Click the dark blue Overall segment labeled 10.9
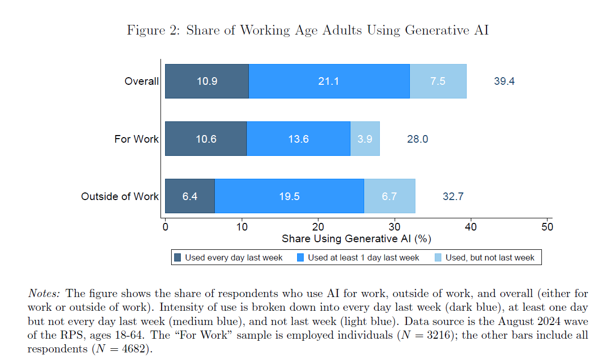coord(207,81)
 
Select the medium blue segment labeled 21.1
coord(329,81)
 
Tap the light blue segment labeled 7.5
coord(438,81)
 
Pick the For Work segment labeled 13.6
coord(298,139)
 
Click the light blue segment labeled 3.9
coord(365,139)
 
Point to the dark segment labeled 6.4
coord(189,196)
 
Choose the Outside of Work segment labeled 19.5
coord(289,196)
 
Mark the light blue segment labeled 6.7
coord(389,196)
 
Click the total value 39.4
coord(504,81)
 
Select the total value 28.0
coord(417,139)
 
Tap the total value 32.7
coord(453,196)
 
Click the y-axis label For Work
coord(136,139)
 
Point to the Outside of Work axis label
coord(120,196)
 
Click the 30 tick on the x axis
coord(395,227)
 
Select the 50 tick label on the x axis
coord(547,227)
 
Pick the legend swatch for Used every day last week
coord(177,257)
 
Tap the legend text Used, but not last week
coord(490,257)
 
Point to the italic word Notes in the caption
coord(44,293)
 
